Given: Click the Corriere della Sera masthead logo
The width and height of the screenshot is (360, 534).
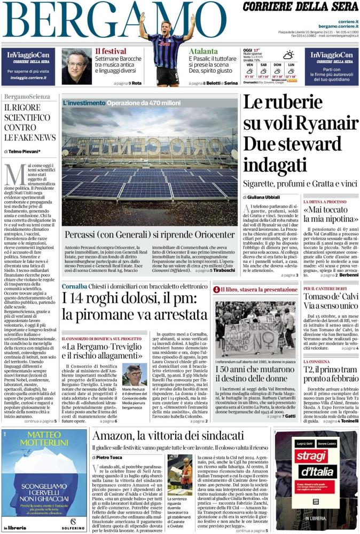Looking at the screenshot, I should [301, 7].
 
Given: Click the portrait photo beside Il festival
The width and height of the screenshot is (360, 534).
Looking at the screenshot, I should [76, 67].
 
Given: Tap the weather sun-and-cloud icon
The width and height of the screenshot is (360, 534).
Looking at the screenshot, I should [288, 54].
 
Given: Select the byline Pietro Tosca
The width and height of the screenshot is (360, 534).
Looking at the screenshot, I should [110, 458].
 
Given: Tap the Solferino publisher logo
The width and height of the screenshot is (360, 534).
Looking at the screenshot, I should [75, 528].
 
